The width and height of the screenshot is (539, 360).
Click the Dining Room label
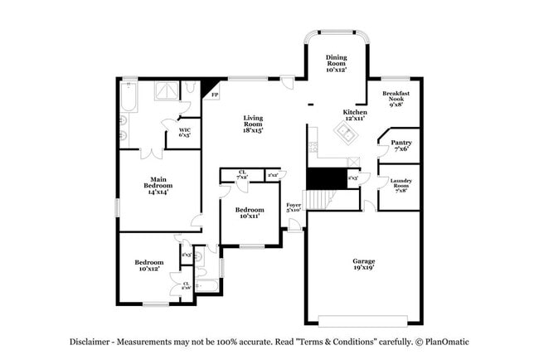(336, 63)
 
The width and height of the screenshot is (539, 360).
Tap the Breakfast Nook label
(396, 99)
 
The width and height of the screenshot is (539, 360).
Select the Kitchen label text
(355, 116)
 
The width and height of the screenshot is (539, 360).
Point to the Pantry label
(401, 145)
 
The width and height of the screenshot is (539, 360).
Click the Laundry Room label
(401, 183)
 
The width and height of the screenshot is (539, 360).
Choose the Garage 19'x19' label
(363, 265)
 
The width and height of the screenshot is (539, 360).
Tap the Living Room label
(253, 124)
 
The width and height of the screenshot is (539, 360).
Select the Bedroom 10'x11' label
(249, 212)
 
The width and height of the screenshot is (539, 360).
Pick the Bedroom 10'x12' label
(149, 265)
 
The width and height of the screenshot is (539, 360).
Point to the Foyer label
(294, 207)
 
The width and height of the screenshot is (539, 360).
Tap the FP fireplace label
(215, 95)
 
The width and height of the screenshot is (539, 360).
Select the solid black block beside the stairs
(324, 178)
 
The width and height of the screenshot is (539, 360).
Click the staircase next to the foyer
(320, 199)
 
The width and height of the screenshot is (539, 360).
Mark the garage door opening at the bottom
(362, 320)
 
